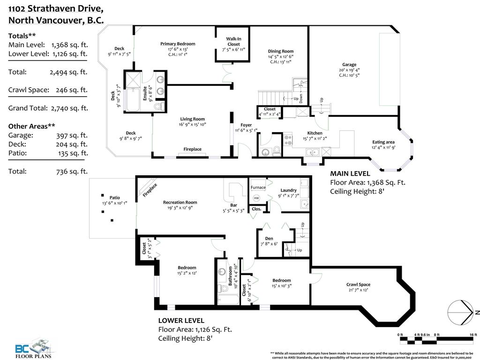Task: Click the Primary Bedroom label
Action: click(178, 44)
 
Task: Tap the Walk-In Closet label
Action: click(233, 42)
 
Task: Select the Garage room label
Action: click(349, 65)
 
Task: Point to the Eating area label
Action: click(383, 142)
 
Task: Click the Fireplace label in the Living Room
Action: click(192, 149)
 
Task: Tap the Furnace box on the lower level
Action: click(258, 187)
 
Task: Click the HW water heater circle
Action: click(256, 198)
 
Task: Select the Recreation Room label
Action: click(180, 202)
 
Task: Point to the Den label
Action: click(269, 238)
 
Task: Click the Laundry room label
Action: click(288, 190)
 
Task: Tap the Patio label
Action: click(115, 197)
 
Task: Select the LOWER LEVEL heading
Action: click(181, 321)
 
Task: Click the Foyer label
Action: click(246, 125)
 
